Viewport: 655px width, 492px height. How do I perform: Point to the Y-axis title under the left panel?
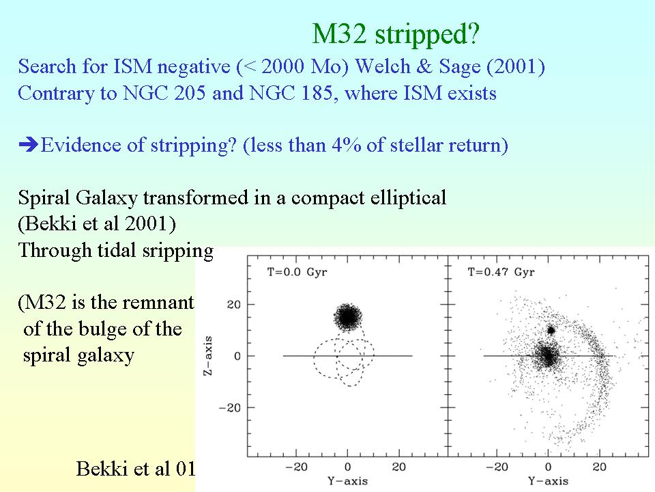click(348, 482)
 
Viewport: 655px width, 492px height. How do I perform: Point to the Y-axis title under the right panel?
click(549, 482)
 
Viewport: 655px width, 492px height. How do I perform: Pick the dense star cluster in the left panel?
click(348, 316)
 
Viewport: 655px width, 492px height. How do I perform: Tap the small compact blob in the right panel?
click(551, 330)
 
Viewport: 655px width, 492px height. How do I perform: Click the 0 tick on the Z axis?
click(238, 356)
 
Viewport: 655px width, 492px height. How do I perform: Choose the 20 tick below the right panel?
click(600, 468)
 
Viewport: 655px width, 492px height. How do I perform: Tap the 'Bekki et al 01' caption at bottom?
click(136, 469)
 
